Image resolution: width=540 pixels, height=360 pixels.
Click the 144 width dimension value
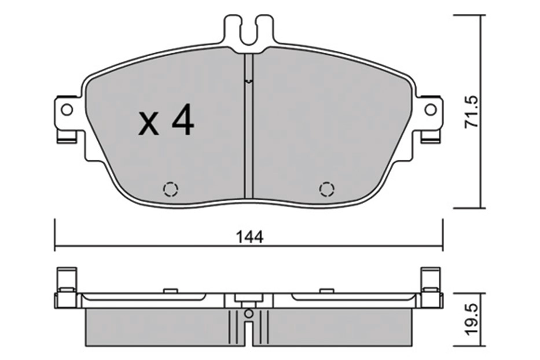pyautogui.click(x=249, y=237)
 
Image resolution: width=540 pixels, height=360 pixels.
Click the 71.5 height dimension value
pyautogui.click(x=472, y=112)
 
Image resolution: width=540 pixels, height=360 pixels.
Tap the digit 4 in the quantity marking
pyautogui.click(x=182, y=121)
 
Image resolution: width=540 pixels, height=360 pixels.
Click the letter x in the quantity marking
pyautogui.click(x=149, y=123)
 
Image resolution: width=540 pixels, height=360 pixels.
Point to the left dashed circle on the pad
pyautogui.click(x=171, y=189)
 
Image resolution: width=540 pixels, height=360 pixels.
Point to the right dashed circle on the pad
pyautogui.click(x=327, y=189)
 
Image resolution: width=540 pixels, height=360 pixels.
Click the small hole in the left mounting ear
pyautogui.click(x=67, y=109)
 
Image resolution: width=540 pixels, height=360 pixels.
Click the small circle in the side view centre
pyautogui.click(x=248, y=313)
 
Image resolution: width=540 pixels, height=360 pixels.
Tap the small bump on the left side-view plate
pyautogui.click(x=170, y=290)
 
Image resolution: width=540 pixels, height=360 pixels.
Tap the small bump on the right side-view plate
pyautogui.click(x=327, y=290)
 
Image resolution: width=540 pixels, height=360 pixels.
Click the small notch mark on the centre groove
pyautogui.click(x=248, y=82)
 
